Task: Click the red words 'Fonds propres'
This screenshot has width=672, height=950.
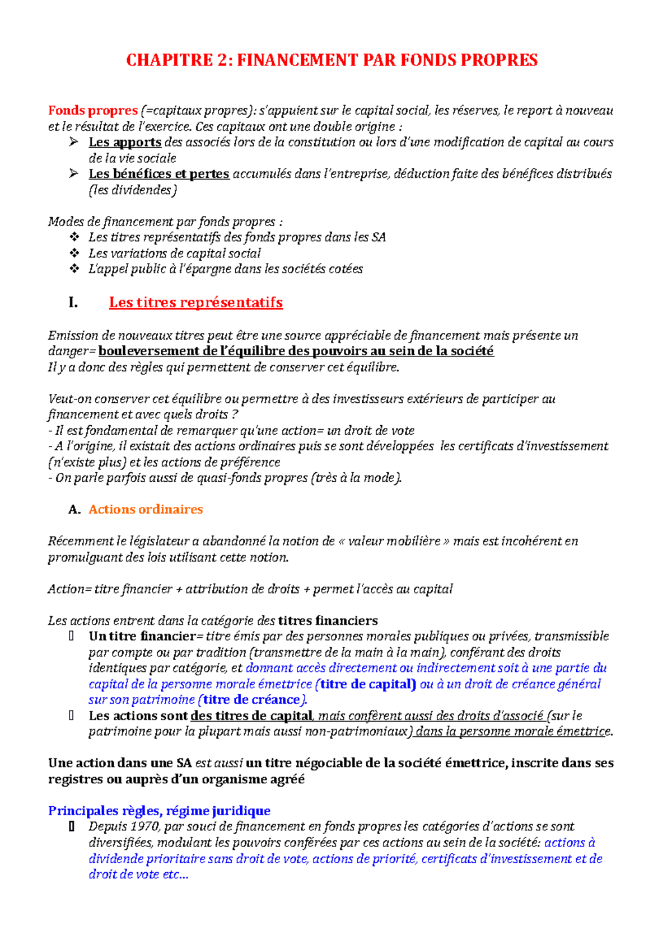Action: [x=92, y=110]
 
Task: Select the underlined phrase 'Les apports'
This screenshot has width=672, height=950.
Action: [x=125, y=142]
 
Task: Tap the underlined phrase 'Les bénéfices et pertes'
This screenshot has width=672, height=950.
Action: [x=159, y=174]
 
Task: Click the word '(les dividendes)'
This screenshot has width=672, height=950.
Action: [x=133, y=190]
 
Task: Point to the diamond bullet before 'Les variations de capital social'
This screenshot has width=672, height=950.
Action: [x=74, y=253]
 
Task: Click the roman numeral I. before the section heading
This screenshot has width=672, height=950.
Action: [x=73, y=303]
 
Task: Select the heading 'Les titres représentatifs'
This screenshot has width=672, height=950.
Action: [x=195, y=303]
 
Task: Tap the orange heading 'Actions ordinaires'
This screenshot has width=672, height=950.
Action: [x=146, y=510]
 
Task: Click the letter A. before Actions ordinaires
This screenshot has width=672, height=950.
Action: [x=74, y=510]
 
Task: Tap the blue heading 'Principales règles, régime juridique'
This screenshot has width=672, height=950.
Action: [x=159, y=811]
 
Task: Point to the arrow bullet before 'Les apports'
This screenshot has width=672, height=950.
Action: [x=73, y=142]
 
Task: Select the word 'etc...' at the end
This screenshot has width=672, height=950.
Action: [x=175, y=874]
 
